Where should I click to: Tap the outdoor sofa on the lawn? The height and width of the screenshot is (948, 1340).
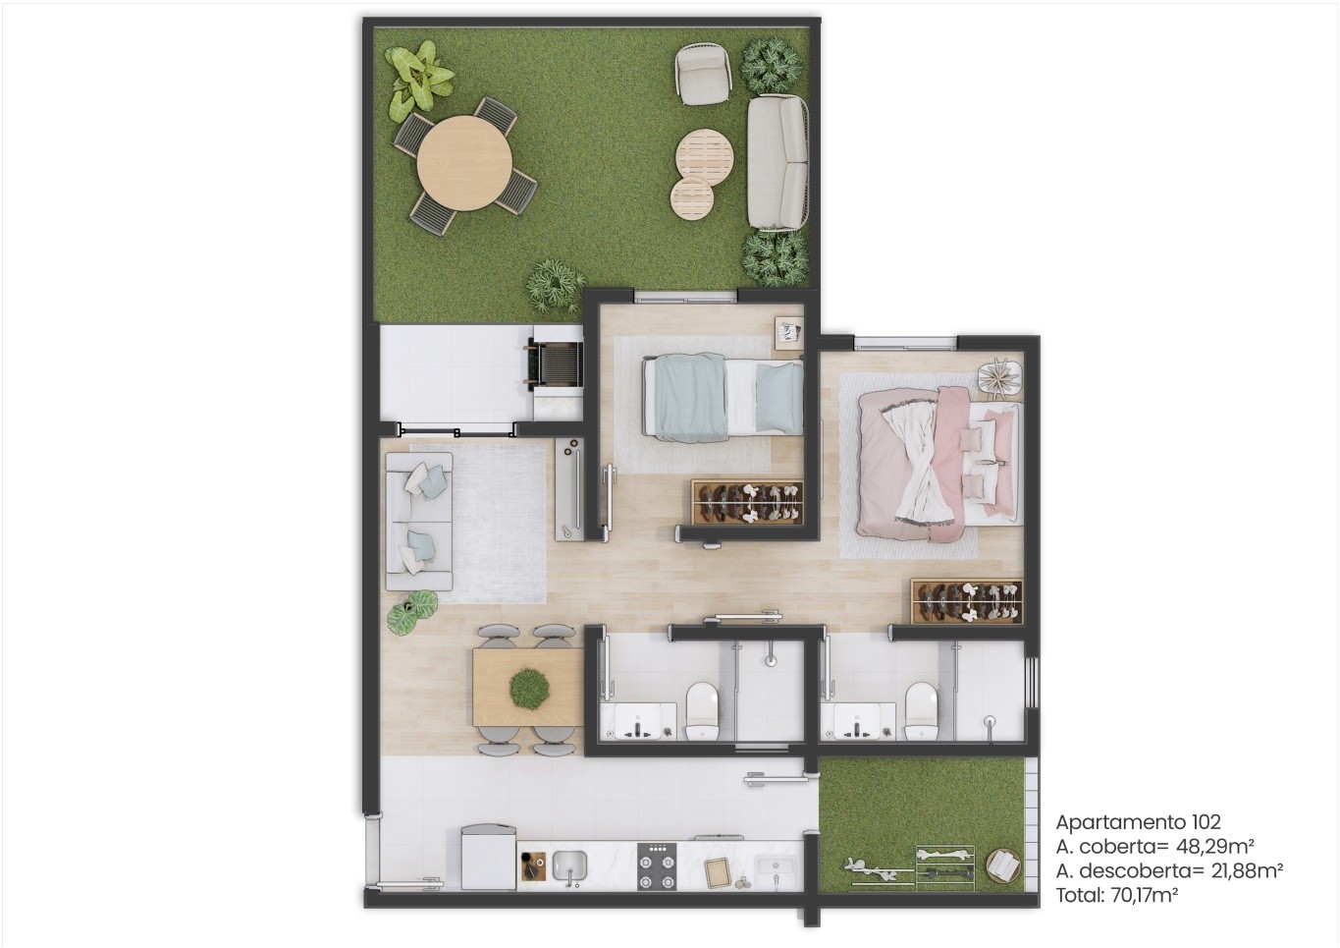(777, 162)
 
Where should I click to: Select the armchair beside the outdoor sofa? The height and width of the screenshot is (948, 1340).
(704, 74)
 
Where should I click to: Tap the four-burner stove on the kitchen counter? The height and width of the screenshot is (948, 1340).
(657, 865)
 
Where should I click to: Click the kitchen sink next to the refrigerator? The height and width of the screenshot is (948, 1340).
(569, 866)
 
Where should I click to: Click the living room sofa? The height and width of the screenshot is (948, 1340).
(419, 522)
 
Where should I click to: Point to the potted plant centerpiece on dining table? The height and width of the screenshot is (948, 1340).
(529, 688)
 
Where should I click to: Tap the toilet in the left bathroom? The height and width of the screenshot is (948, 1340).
(702, 711)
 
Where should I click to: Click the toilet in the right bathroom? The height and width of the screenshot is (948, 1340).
(921, 711)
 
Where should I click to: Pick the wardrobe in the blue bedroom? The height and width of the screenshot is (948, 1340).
(747, 502)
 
